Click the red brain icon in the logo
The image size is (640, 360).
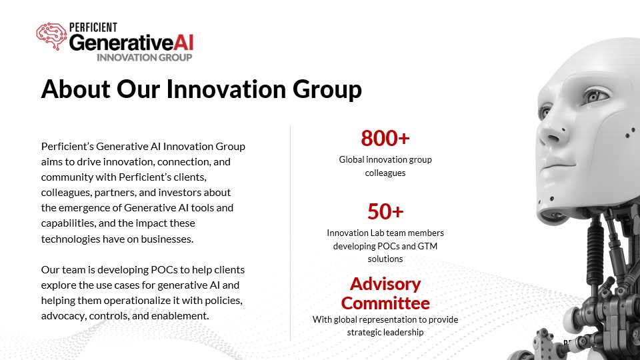(x=51, y=36)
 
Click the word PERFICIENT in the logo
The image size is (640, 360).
(x=93, y=27)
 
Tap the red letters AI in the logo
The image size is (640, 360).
(x=183, y=43)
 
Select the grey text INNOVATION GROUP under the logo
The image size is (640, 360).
(x=145, y=57)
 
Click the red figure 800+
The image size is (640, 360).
(x=385, y=138)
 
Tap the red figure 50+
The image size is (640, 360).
(x=385, y=211)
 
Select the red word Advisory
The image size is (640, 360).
(x=385, y=285)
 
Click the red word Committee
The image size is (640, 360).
(x=385, y=303)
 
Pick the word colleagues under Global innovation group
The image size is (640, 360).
(x=385, y=173)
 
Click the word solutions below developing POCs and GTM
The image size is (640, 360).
(x=385, y=259)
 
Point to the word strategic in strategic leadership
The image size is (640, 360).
(x=365, y=333)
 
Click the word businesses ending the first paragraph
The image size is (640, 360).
(x=167, y=239)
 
